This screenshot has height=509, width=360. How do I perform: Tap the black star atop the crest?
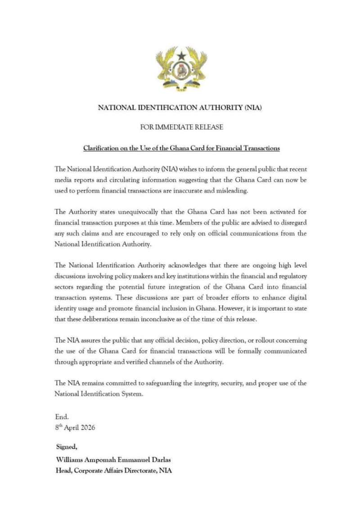181,56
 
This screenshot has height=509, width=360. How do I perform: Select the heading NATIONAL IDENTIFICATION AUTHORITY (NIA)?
180,108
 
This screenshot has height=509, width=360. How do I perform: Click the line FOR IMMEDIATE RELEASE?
181,127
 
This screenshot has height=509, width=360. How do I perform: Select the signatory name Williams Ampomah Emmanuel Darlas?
113,459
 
